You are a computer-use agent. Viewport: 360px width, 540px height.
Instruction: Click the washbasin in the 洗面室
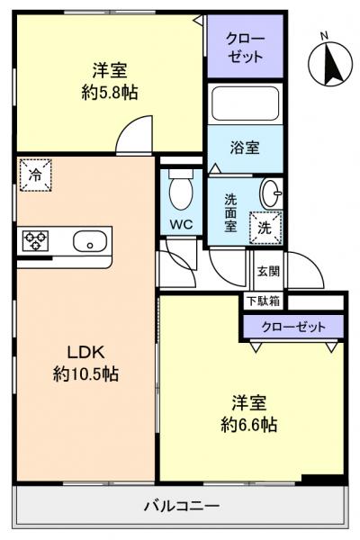coord(271,191)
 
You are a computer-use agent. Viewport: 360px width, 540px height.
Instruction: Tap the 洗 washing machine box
coord(266,227)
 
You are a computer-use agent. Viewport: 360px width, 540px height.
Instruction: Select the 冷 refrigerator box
coord(34,174)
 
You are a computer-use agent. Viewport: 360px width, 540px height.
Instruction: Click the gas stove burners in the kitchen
coord(36,240)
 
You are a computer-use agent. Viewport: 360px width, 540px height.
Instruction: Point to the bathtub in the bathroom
coord(246,104)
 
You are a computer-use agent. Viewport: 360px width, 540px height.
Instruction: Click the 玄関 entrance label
coord(268,269)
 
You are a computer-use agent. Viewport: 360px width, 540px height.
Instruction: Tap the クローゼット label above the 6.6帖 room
coord(293,327)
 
